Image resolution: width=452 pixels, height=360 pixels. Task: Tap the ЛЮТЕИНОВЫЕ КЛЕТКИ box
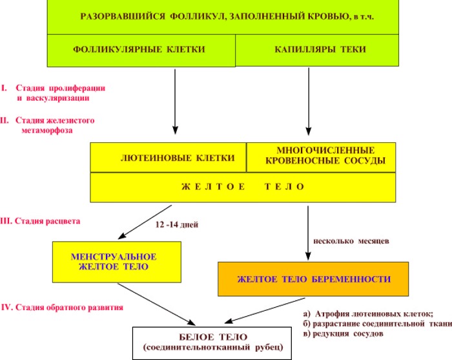(169, 158)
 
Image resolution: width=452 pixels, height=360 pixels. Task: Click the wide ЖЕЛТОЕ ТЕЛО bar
(243, 187)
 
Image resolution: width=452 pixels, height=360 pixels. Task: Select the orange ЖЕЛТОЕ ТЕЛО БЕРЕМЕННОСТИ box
(313, 279)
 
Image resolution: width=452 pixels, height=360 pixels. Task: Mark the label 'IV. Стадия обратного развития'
(63, 307)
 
